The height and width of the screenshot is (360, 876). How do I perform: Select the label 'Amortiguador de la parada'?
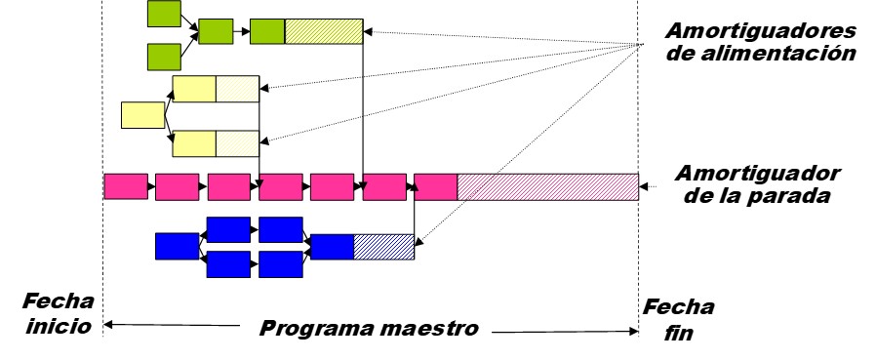(759, 183)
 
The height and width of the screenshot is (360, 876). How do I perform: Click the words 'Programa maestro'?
(369, 329)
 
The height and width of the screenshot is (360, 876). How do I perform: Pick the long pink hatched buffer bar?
(547, 185)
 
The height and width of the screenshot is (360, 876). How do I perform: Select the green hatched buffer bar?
(324, 31)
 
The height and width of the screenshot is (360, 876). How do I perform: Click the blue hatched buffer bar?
(383, 246)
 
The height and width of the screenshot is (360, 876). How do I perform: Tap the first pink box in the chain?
(126, 185)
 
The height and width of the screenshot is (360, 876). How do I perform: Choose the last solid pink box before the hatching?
(435, 185)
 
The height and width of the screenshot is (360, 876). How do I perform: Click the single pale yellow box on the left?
(142, 114)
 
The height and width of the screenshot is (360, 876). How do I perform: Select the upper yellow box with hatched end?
(216, 89)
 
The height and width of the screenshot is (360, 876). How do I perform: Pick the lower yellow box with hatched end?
(216, 143)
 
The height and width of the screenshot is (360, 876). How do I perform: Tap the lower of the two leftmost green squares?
(164, 57)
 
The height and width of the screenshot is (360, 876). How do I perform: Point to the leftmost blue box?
(177, 246)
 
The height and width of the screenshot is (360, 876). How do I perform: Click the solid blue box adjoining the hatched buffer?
(332, 246)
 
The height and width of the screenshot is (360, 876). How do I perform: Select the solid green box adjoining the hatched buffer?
(267, 31)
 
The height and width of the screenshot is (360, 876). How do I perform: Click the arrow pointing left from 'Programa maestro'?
(171, 326)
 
